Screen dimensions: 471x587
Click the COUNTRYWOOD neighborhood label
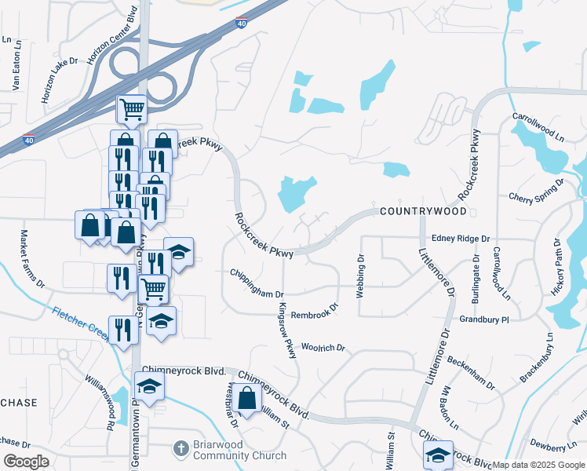pos(423,212)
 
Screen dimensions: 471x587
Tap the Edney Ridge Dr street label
pos(461,238)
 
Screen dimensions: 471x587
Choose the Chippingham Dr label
pos(257,285)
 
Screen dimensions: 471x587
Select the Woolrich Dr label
pos(323,346)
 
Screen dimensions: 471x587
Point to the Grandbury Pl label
pos(484,319)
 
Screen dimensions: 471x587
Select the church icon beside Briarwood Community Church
pos(179,450)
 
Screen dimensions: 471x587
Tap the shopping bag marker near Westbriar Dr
pos(246,398)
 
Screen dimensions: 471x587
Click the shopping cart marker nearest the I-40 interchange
pos(132,109)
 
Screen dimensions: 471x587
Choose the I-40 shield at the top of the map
pos(242,24)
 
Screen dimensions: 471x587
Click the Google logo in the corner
pos(26,462)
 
